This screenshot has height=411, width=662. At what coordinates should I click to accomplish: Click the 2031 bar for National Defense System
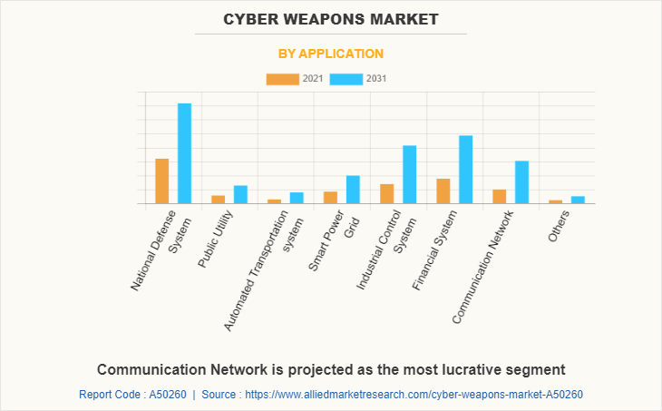[184, 153]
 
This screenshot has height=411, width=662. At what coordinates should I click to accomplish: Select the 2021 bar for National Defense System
[162, 181]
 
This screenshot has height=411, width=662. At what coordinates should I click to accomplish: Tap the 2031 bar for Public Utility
[240, 194]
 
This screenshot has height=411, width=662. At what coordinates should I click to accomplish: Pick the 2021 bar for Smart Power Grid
[330, 197]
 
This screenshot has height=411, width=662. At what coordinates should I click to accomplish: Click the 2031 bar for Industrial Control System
[409, 174]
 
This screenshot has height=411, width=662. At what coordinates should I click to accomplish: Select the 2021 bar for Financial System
[443, 191]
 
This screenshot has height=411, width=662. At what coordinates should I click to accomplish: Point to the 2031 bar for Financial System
[465, 170]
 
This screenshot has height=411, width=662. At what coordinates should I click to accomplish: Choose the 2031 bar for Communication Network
[521, 182]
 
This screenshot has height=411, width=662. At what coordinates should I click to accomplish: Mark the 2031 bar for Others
[578, 200]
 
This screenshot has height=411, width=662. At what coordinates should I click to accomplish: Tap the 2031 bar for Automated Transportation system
[297, 198]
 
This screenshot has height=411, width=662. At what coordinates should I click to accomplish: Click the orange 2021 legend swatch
[282, 79]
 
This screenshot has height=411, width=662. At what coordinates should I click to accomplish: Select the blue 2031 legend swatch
[346, 79]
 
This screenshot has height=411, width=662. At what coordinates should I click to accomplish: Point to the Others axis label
[560, 226]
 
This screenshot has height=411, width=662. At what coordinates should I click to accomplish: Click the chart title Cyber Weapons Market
[331, 19]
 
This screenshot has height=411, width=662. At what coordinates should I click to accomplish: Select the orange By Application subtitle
[331, 54]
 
